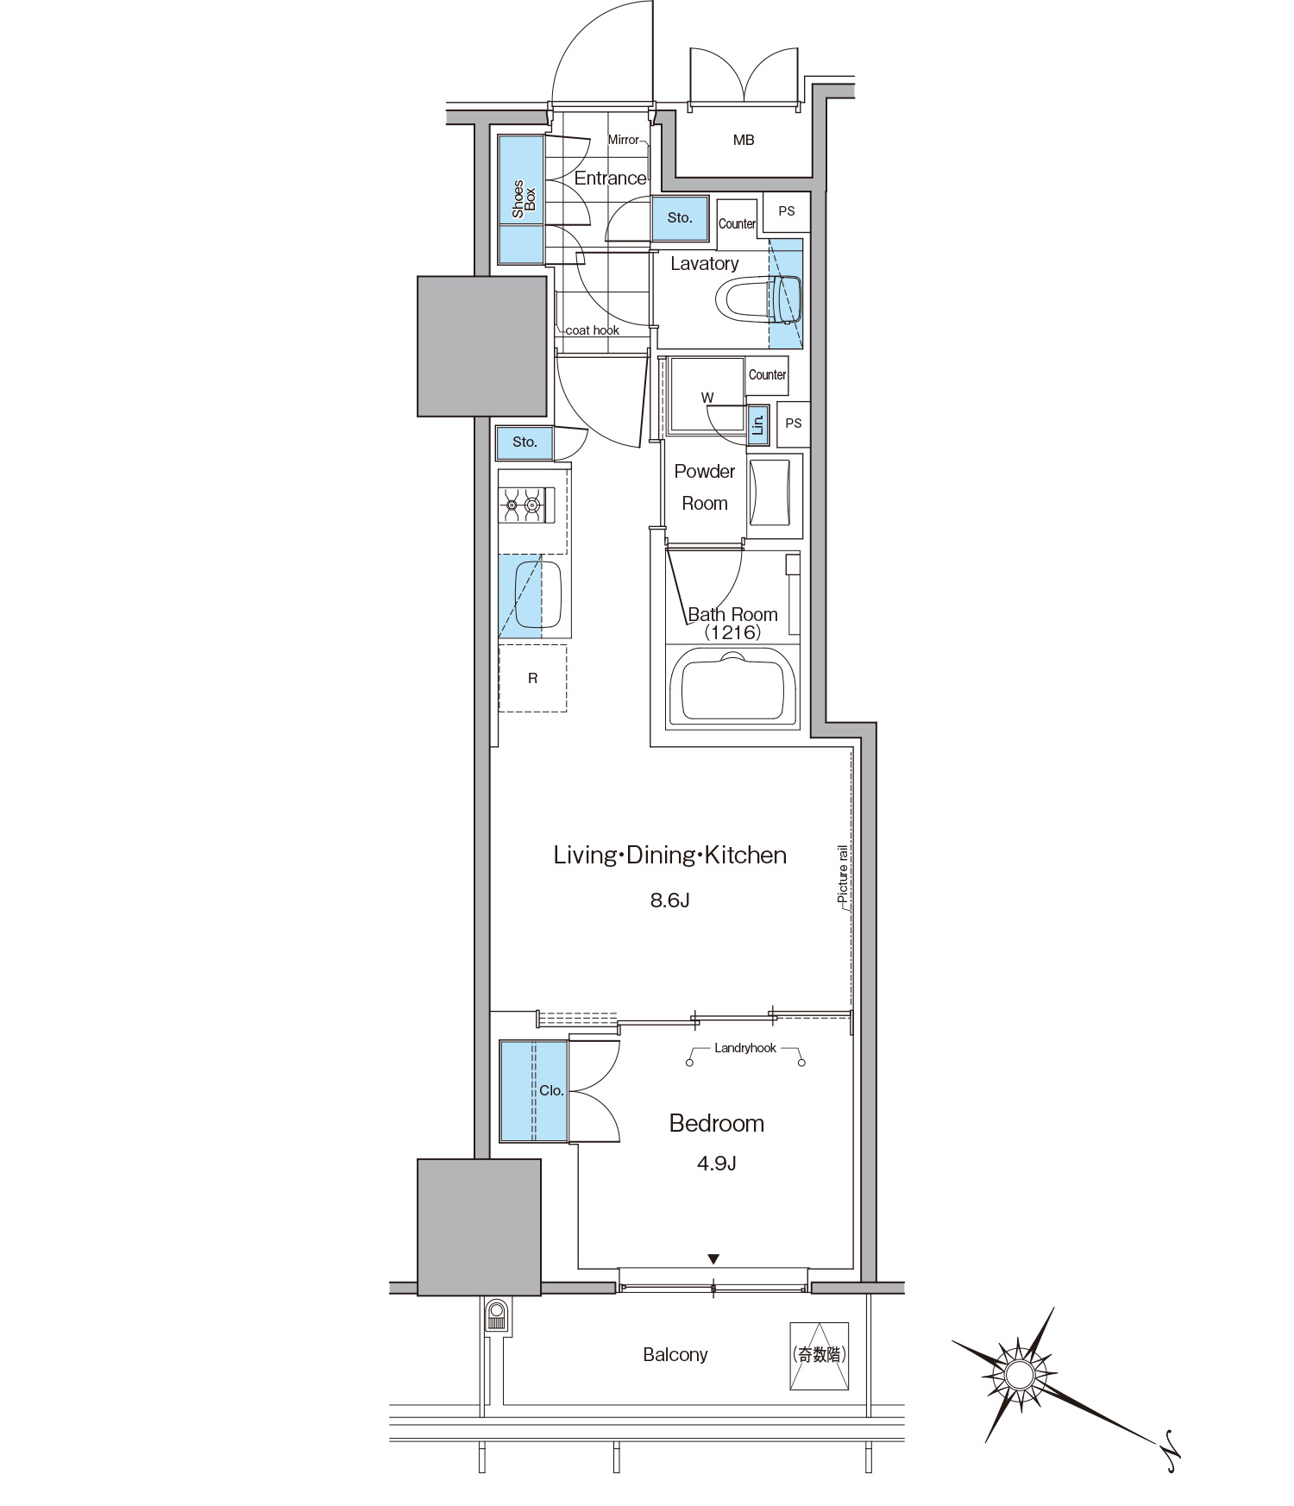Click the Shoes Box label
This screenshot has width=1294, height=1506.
(x=524, y=199)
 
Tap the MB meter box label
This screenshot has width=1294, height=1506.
(x=744, y=140)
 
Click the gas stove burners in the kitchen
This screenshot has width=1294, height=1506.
(x=523, y=505)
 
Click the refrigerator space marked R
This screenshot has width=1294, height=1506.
(x=532, y=678)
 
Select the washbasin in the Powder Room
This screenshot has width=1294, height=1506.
(x=770, y=492)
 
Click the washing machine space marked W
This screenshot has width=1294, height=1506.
(x=707, y=397)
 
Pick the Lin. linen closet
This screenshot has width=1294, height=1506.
(x=758, y=425)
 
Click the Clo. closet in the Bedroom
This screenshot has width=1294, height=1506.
(x=534, y=1090)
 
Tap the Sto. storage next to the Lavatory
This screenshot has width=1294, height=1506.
(x=680, y=218)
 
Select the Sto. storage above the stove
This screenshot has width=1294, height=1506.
(x=525, y=442)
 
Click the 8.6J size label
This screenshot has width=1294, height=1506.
(x=669, y=900)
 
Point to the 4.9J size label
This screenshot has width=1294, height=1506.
(x=716, y=1164)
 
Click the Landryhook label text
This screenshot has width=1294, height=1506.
(x=745, y=1048)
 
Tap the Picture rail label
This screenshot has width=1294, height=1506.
(x=843, y=874)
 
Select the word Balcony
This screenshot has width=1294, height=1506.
(x=675, y=1355)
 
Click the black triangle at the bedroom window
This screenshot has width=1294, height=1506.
(x=713, y=1259)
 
